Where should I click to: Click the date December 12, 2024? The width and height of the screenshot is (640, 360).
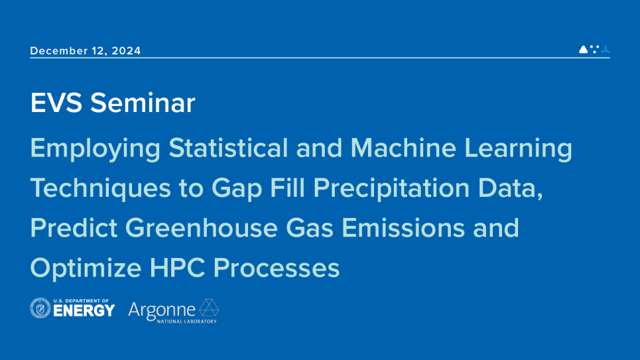86,51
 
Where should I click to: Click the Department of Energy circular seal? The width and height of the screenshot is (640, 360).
40,308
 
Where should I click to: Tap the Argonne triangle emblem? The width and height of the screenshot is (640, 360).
210,308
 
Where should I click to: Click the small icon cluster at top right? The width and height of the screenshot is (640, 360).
594,49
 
